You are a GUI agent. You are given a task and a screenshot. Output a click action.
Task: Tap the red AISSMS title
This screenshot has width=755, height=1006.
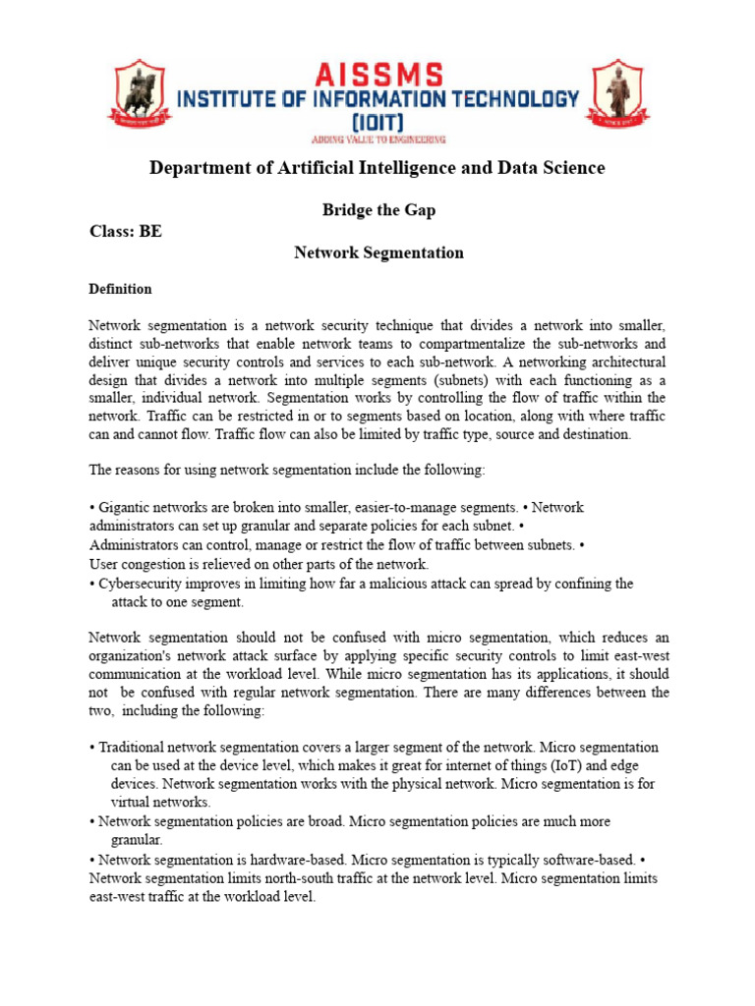click(377, 74)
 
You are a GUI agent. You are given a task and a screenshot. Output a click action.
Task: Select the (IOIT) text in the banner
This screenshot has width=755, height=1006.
click(377, 121)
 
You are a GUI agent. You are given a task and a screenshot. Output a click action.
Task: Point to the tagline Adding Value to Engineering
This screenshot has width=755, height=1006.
click(377, 140)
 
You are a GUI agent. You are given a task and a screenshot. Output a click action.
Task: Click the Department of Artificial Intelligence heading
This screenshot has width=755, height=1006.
click(377, 168)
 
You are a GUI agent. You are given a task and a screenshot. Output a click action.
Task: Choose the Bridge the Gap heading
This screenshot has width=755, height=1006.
click(378, 210)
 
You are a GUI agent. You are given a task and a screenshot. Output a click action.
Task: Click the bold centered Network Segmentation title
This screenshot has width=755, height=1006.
click(378, 252)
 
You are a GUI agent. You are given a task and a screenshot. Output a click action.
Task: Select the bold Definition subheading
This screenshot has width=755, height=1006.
click(120, 289)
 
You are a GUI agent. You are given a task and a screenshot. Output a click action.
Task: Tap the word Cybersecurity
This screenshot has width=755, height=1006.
click(139, 584)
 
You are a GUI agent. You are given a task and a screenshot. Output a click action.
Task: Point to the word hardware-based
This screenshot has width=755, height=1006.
click(288, 860)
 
